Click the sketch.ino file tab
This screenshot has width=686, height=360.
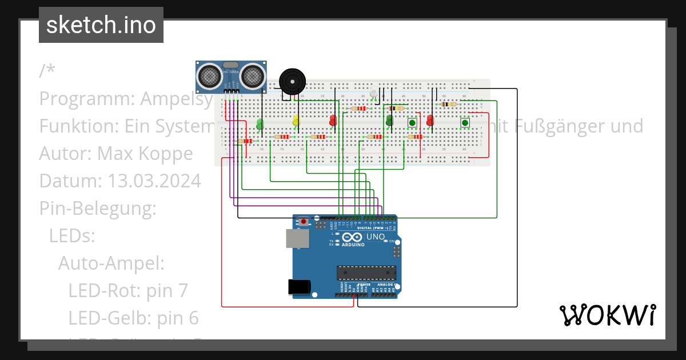pyautogui.click(x=101, y=25)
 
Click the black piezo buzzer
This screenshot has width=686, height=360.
pyautogui.click(x=292, y=82)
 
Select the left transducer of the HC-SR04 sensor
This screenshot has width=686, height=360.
pyautogui.click(x=210, y=75)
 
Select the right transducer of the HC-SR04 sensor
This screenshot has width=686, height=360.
pyautogui.click(x=252, y=75)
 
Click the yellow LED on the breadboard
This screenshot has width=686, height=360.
pyautogui.click(x=296, y=121)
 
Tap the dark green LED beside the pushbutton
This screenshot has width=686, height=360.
pyautogui.click(x=390, y=121)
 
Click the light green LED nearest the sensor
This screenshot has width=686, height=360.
pyautogui.click(x=260, y=123)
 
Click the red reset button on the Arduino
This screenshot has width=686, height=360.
pyautogui.click(x=304, y=221)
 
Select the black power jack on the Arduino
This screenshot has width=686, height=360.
pyautogui.click(x=300, y=286)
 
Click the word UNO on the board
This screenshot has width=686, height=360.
pyautogui.click(x=376, y=237)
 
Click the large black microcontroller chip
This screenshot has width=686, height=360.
pyautogui.click(x=366, y=274)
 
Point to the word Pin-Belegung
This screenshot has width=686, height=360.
pyautogui.click(x=98, y=209)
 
